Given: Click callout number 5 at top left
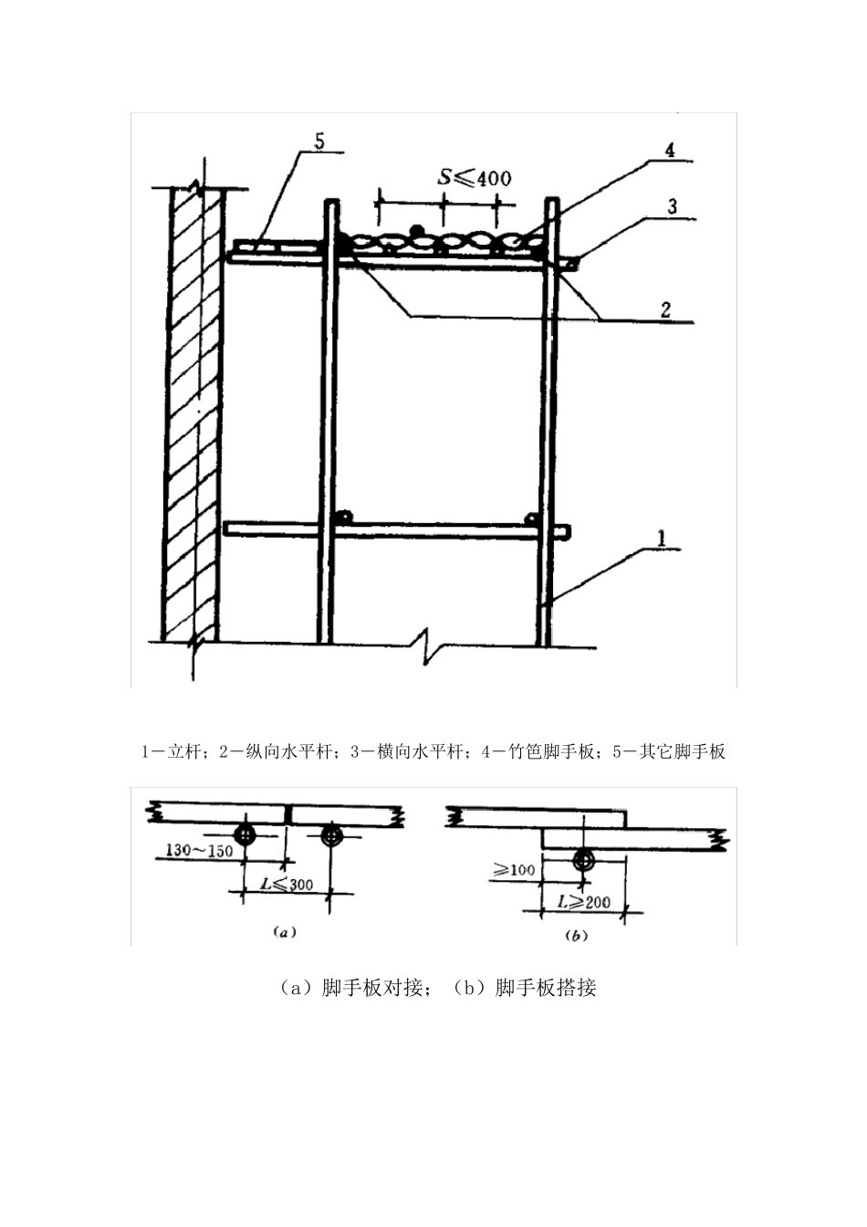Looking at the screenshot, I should [319, 142].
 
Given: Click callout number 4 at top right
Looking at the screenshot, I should [670, 152].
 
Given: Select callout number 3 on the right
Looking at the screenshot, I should [672, 206].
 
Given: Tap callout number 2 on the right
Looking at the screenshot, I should [666, 309].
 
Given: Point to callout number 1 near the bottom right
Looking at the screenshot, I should [663, 539].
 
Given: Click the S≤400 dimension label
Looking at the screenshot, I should [474, 177].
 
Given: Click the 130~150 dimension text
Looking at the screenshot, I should [199, 850].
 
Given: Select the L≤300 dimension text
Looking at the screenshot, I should [286, 884].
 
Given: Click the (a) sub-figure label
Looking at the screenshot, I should [281, 933].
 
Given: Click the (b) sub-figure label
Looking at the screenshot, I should [576, 935].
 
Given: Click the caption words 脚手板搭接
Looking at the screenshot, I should [545, 988].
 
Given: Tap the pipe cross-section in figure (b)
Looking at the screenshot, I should [583, 860].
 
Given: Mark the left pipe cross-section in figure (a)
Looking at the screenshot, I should [244, 834].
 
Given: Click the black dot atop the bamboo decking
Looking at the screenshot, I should [416, 229].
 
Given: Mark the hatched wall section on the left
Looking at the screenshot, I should [193, 411].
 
